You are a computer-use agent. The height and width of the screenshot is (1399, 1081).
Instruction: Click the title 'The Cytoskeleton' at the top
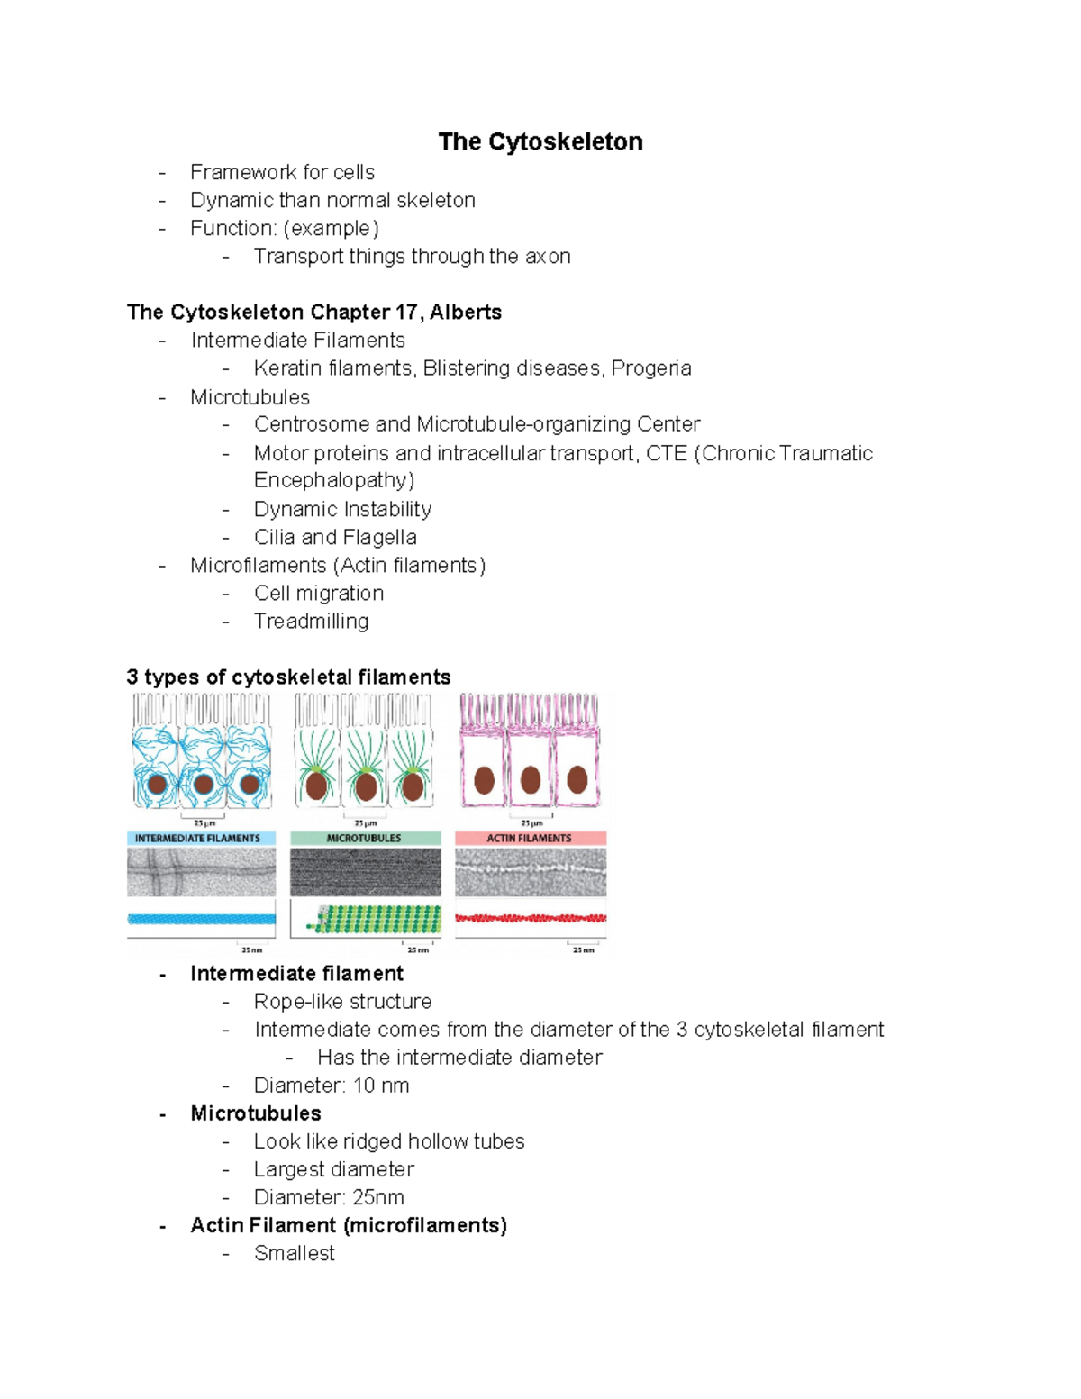[540, 141]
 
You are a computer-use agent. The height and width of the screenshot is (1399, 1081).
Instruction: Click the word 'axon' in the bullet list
[548, 257]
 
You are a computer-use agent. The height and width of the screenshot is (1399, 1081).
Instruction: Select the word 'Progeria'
[651, 368]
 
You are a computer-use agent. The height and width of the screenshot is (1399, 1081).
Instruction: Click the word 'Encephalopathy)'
[334, 480]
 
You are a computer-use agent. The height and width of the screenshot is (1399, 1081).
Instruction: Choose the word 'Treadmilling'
[311, 622]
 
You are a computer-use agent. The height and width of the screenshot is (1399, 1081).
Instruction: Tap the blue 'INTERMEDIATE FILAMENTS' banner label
[197, 839]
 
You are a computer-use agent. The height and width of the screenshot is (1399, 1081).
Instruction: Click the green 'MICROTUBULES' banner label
[364, 839]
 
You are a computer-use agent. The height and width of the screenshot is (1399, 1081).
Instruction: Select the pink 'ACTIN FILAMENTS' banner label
[529, 839]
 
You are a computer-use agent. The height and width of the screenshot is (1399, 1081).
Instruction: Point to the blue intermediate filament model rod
[201, 920]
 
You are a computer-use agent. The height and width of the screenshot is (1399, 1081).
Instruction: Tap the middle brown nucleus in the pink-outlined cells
[531, 779]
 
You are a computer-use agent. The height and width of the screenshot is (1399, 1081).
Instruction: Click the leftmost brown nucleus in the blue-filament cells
[158, 784]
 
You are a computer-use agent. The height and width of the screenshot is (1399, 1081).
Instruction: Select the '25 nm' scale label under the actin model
[583, 949]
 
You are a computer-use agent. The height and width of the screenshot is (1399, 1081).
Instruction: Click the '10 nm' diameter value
[381, 1086]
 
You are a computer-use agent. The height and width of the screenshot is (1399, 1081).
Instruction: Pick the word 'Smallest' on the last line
[294, 1254]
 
